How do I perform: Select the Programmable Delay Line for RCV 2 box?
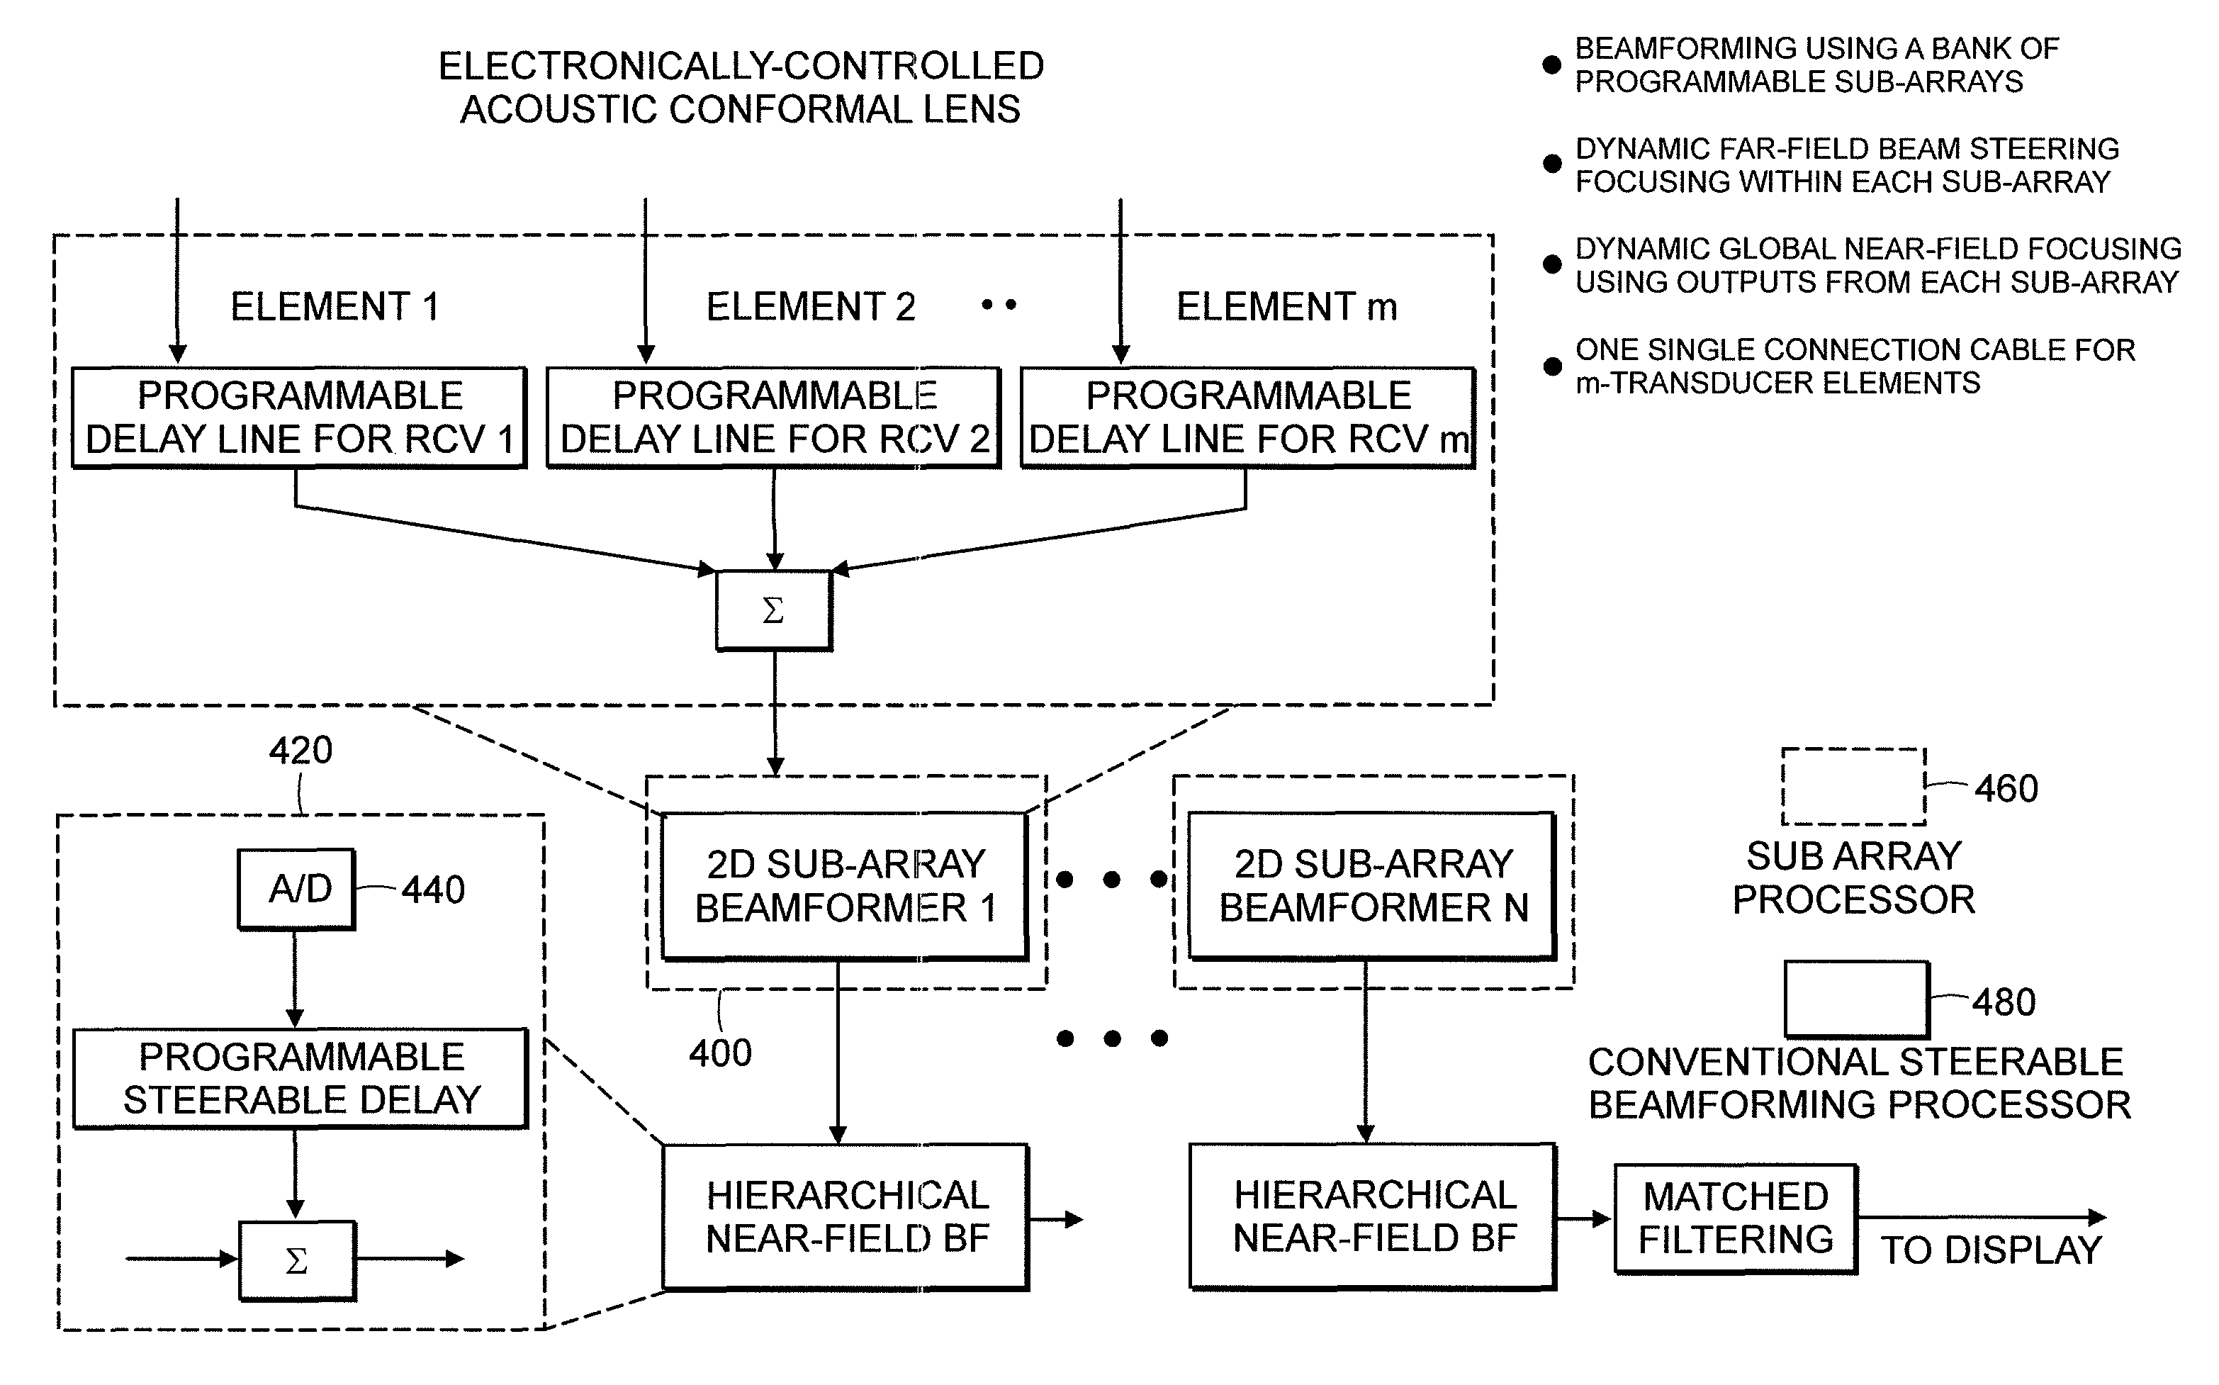(773, 417)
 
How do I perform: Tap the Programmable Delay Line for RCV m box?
(1247, 417)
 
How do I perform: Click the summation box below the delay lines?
(774, 610)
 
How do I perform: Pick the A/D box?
(296, 889)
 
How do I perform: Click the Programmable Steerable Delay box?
(300, 1078)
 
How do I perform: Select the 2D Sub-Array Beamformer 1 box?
(844, 886)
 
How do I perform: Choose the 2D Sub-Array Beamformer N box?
(1372, 886)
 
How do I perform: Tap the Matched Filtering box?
(1736, 1218)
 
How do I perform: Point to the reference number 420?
(300, 751)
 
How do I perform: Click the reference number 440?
(433, 890)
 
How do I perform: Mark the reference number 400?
(721, 1053)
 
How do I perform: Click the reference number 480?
(2004, 1002)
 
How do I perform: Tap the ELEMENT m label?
(1287, 307)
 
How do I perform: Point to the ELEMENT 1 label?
(335, 307)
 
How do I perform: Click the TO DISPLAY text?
(1992, 1250)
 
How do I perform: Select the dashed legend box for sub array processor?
(1853, 787)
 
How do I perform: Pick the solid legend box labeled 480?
(1856, 999)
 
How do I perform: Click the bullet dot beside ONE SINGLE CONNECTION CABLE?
(1552, 366)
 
